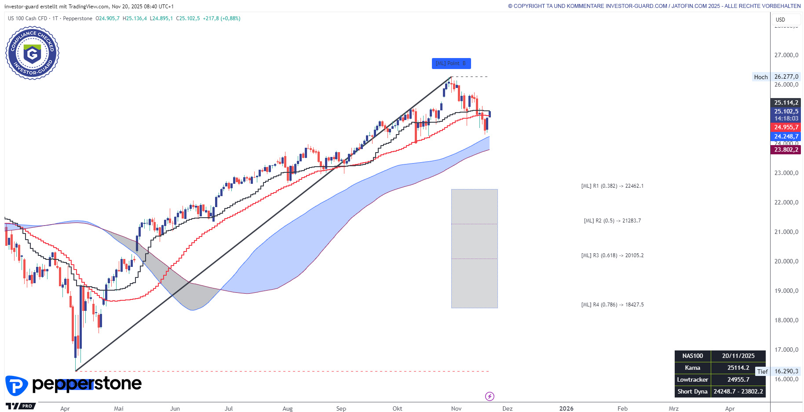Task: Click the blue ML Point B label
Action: click(x=451, y=64)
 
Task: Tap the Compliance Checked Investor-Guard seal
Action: click(x=32, y=53)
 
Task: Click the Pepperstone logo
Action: click(x=73, y=385)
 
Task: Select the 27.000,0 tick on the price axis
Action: click(x=786, y=55)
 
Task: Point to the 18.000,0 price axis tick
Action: click(x=786, y=320)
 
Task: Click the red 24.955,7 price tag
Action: click(x=786, y=127)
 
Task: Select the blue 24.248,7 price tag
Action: click(x=786, y=136)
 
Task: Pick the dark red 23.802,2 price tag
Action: click(x=786, y=149)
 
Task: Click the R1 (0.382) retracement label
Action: click(x=612, y=186)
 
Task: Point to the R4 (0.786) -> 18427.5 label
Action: click(x=612, y=305)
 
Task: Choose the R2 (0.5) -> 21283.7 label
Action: click(x=612, y=221)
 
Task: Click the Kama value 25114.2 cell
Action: click(x=738, y=368)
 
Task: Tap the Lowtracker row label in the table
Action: click(x=692, y=380)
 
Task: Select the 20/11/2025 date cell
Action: click(x=738, y=356)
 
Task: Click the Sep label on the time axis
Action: click(x=341, y=408)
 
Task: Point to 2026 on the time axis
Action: click(x=566, y=408)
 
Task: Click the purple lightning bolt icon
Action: click(x=490, y=397)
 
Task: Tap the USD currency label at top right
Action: click(x=780, y=20)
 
